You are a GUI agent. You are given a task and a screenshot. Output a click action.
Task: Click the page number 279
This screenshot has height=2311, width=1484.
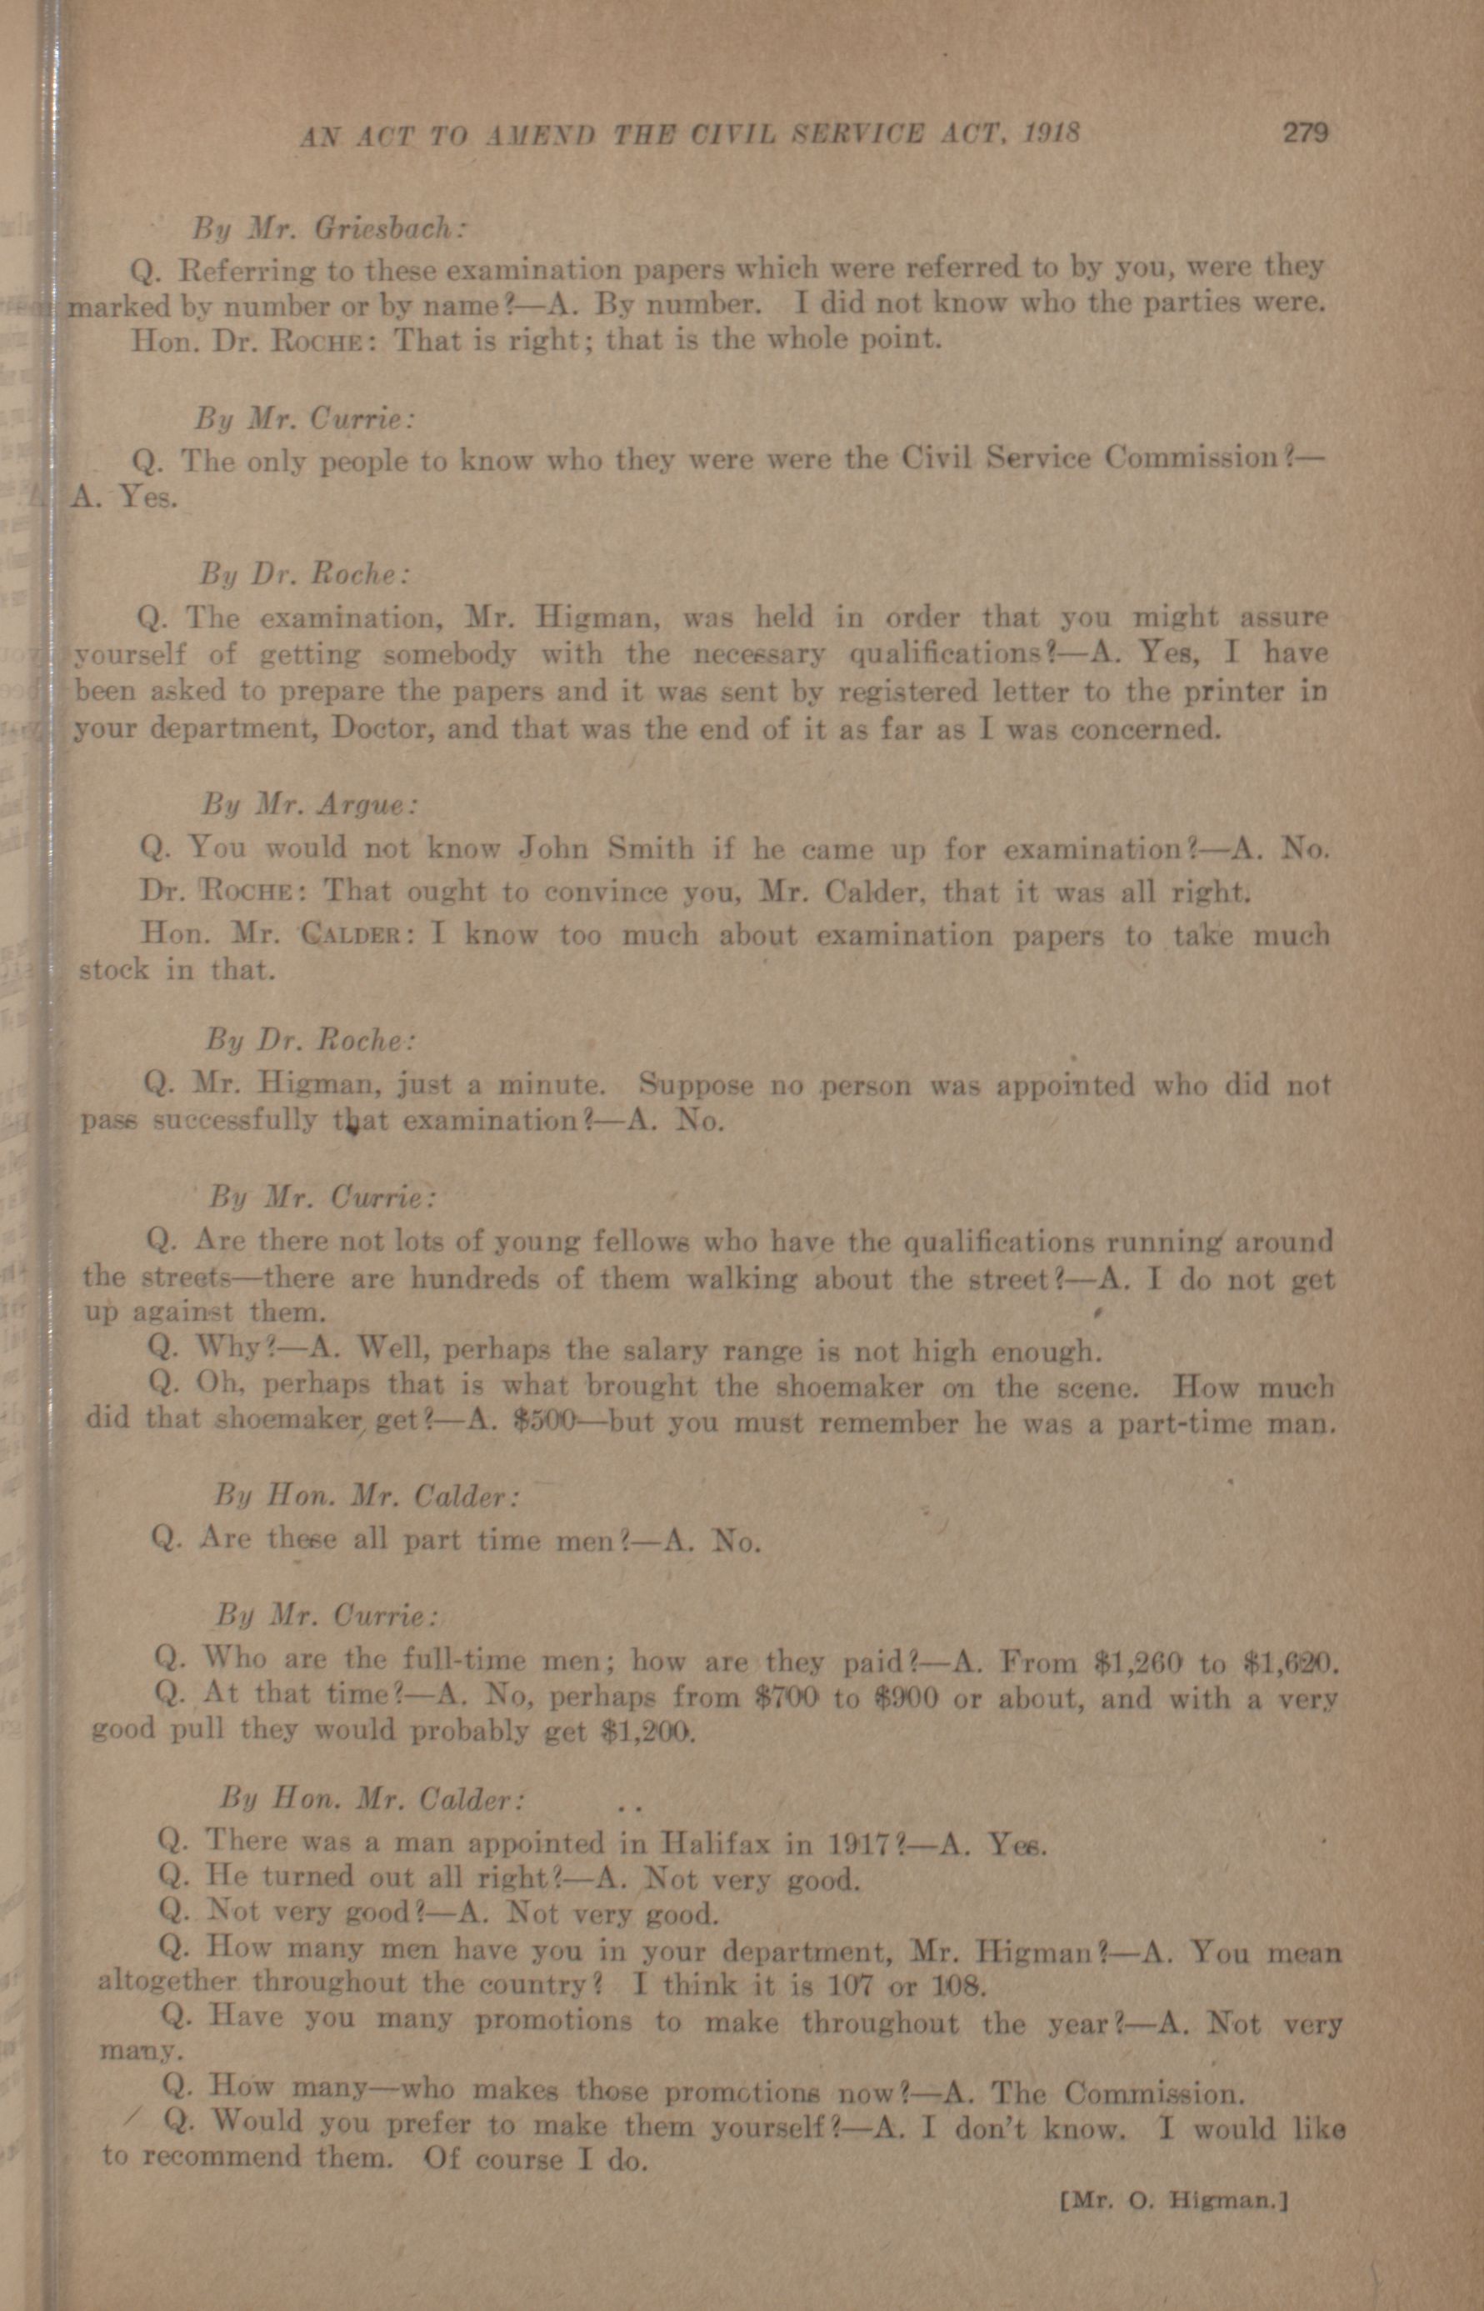coord(1305,132)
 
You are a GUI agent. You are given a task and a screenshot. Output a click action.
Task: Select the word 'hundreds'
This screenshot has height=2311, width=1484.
coord(472,1279)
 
